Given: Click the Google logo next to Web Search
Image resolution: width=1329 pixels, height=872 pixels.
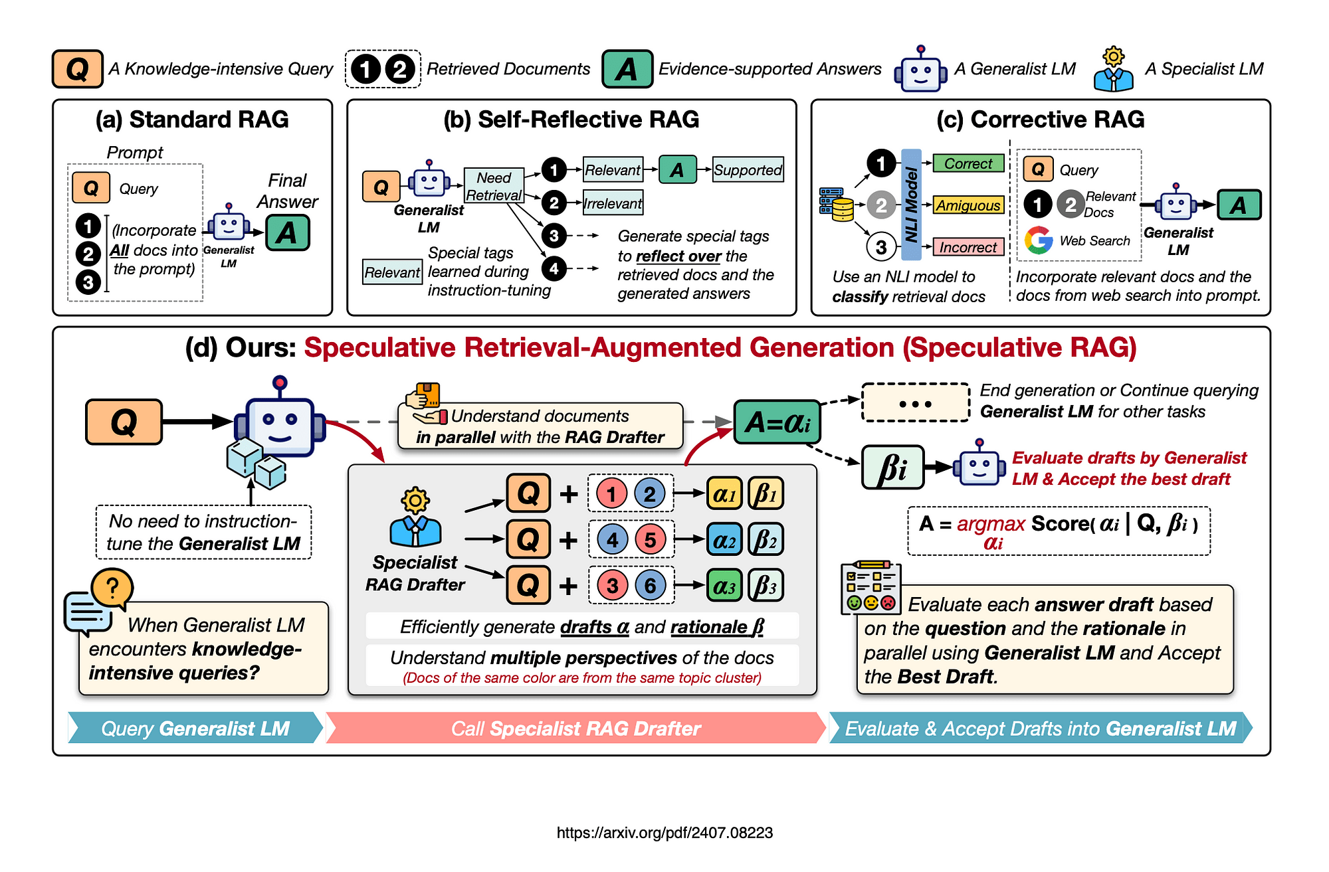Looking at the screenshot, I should [1039, 240].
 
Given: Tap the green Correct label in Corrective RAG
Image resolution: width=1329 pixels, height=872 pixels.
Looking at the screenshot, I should [968, 163].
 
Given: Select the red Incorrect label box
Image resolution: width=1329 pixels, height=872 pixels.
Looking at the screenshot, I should [968, 247].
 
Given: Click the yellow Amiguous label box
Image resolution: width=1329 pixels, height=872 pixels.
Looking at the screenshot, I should [968, 205].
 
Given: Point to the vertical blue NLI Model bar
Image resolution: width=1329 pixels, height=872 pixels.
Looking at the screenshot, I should [911, 205].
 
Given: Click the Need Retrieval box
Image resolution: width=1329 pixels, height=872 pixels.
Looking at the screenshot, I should [494, 186].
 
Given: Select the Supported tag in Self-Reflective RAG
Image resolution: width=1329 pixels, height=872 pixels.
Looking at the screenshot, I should [748, 170].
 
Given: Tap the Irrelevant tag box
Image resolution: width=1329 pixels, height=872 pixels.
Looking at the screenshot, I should [613, 203].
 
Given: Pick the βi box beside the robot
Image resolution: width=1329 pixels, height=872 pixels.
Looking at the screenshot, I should [892, 468].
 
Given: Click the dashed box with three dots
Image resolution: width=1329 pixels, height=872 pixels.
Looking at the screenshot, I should [915, 403].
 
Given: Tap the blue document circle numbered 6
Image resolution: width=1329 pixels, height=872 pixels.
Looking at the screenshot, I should [650, 585].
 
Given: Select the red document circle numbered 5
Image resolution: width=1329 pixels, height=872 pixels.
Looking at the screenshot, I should [650, 539].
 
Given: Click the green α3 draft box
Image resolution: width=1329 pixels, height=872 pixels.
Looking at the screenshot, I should [724, 586].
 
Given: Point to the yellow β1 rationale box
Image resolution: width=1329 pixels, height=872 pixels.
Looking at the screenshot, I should [766, 493].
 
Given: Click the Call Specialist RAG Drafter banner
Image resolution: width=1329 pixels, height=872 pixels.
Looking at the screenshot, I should [575, 729].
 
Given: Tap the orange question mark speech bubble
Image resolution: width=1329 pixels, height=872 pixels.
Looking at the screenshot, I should [112, 587].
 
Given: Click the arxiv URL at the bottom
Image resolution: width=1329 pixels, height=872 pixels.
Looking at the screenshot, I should [664, 833].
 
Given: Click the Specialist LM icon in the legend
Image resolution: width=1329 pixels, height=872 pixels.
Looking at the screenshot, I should [1113, 70].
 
